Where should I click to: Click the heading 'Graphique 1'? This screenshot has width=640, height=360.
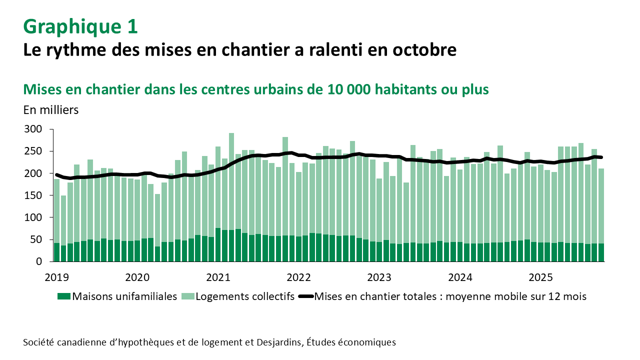80,27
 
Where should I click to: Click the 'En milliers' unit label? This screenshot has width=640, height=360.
51,110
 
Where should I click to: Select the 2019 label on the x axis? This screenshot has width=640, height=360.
56,277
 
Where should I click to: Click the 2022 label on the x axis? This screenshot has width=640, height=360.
298,277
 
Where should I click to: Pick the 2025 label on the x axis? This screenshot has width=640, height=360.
540,277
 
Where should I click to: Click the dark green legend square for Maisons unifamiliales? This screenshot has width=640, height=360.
63,296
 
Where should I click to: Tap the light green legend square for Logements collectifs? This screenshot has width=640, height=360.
187,296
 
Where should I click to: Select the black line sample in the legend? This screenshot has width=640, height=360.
306,296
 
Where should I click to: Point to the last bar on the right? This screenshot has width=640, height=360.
601,215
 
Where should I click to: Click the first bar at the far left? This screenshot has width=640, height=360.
56,220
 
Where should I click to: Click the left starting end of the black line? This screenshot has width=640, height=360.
56,174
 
